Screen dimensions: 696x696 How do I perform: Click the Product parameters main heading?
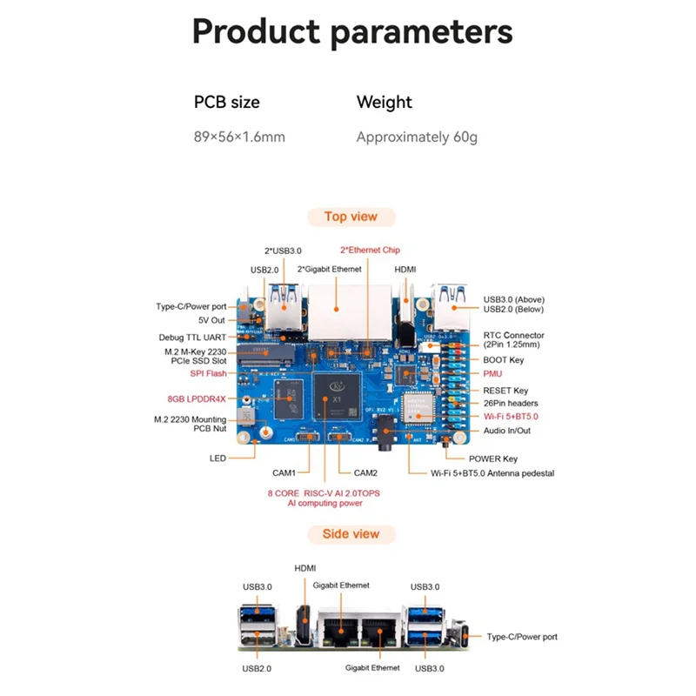[351, 32]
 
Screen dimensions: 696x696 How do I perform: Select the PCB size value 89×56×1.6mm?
[239, 137]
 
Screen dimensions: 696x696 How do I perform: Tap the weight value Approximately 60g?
[417, 137]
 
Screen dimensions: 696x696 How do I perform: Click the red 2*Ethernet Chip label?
[370, 250]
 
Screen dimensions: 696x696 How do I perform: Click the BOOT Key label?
[504, 359]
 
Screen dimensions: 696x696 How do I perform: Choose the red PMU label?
[492, 373]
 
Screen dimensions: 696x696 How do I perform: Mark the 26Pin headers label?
[511, 403]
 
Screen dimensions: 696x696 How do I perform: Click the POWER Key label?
[493, 458]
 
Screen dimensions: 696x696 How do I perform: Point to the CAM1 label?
[284, 473]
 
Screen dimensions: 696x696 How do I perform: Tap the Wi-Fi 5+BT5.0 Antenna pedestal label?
[492, 473]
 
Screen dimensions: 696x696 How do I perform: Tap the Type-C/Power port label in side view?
[522, 637]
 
